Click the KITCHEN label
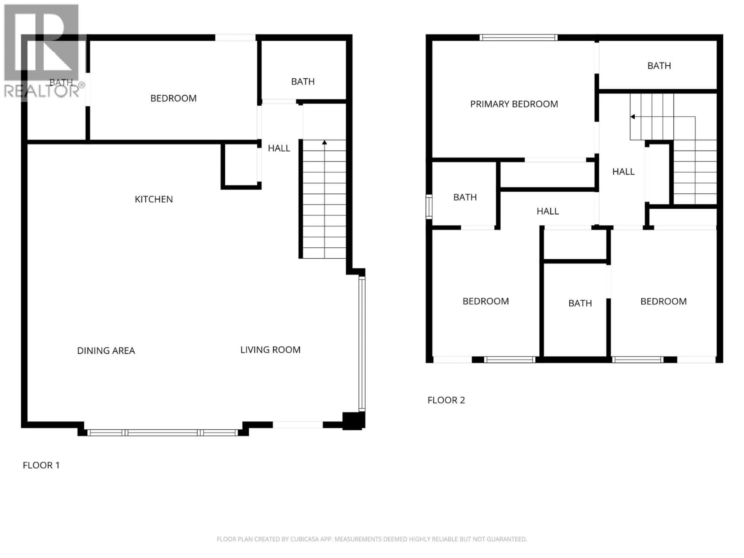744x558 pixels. [154, 199]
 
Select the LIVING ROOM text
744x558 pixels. [270, 350]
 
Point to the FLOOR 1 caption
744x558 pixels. [41, 465]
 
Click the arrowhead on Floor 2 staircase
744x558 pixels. [633, 117]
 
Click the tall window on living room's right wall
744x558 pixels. [362, 343]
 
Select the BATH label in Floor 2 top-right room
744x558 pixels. [659, 66]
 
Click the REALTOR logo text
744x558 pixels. [42, 91]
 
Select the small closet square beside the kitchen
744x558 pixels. [241, 165]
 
